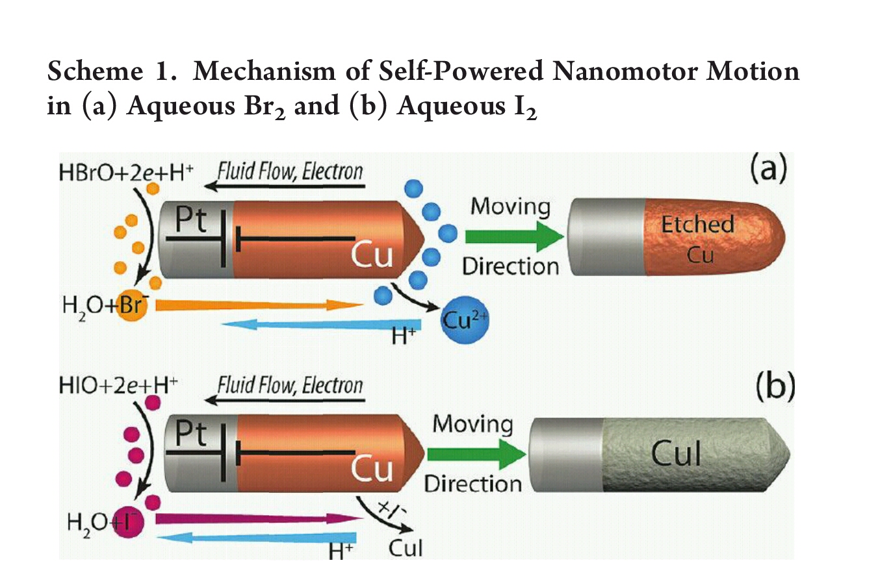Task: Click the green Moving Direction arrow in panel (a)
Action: [x=513, y=237]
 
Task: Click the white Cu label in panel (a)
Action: [x=372, y=255]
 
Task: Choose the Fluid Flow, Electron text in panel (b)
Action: [x=290, y=386]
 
